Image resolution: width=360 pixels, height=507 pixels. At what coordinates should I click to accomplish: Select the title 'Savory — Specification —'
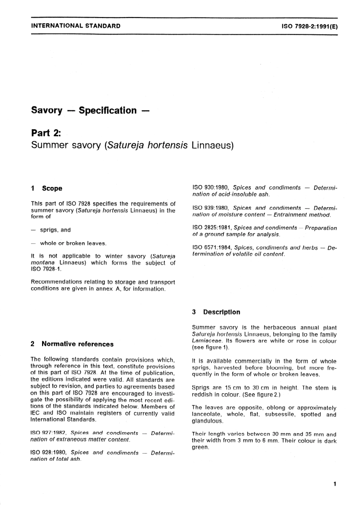[90, 111]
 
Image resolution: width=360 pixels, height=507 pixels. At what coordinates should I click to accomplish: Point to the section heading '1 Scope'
[47, 188]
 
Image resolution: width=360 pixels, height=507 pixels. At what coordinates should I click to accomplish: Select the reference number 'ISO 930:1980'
[211, 188]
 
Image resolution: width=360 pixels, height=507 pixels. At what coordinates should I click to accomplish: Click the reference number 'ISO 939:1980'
[211, 208]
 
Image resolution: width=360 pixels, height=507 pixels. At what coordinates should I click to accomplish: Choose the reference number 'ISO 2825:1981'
[212, 228]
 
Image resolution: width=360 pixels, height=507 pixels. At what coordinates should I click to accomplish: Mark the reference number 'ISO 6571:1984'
[212, 248]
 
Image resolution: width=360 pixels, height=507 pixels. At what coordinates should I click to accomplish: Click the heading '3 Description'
[216, 312]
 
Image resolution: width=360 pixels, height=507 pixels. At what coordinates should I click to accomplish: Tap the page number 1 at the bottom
[334, 484]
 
